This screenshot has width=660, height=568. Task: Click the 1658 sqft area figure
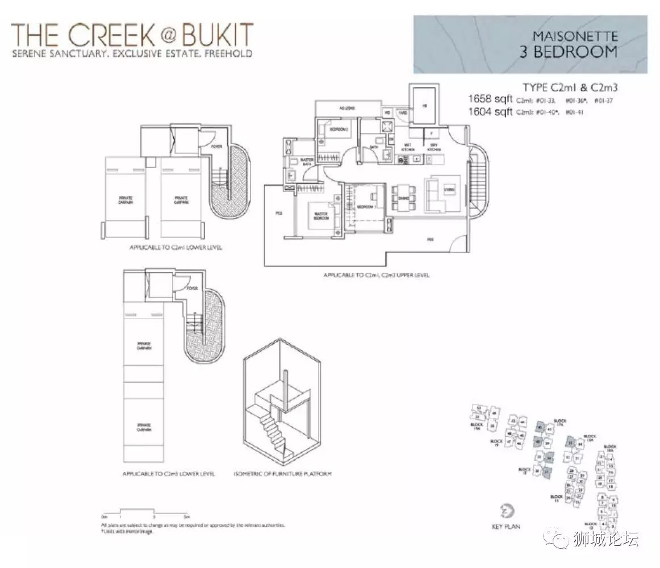[490, 99]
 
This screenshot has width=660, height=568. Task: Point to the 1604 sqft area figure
[490, 112]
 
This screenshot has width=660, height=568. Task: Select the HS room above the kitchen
[424, 105]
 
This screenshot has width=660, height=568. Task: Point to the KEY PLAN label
[506, 527]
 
